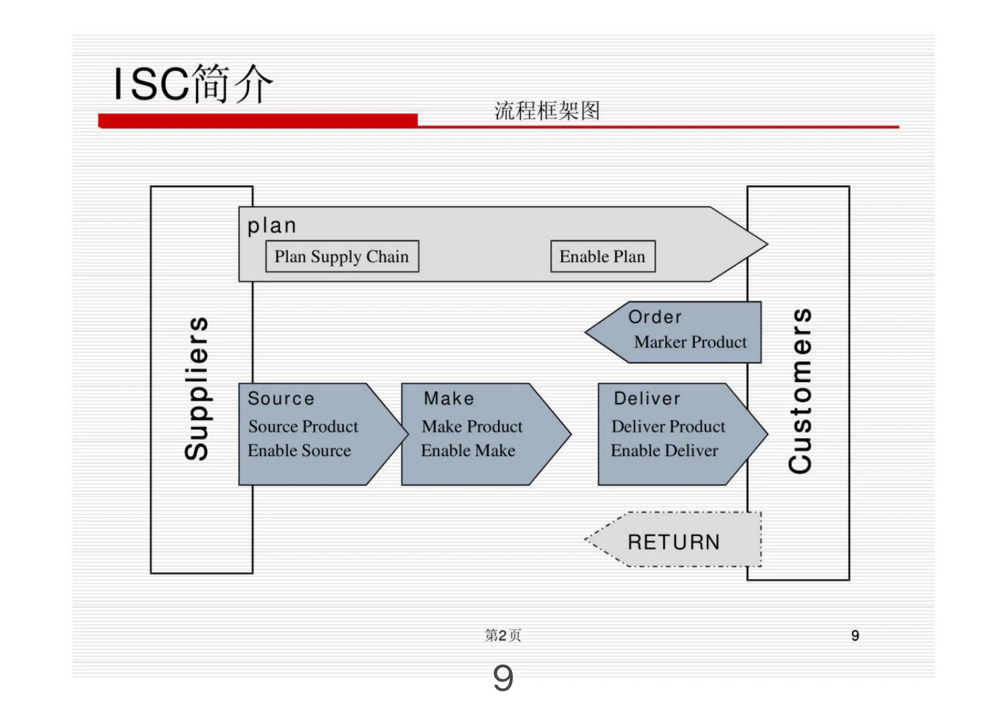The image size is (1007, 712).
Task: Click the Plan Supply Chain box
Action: tap(342, 257)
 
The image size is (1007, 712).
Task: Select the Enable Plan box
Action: tap(603, 257)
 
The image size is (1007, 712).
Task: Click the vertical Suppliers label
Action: tap(196, 388)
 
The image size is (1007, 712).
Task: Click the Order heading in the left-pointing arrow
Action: tap(655, 317)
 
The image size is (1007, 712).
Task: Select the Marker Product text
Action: tap(690, 342)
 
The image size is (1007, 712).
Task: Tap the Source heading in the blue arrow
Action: tap(281, 398)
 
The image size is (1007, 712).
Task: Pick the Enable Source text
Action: tap(299, 450)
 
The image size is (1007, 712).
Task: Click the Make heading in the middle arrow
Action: tap(449, 398)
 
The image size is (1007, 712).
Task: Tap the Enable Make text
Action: tap(468, 450)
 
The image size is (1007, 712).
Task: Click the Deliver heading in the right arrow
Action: tap(647, 398)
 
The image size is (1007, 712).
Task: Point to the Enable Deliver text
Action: tap(665, 450)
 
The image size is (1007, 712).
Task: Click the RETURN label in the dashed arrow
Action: tap(674, 542)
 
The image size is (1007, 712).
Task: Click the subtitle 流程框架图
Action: tap(547, 110)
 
